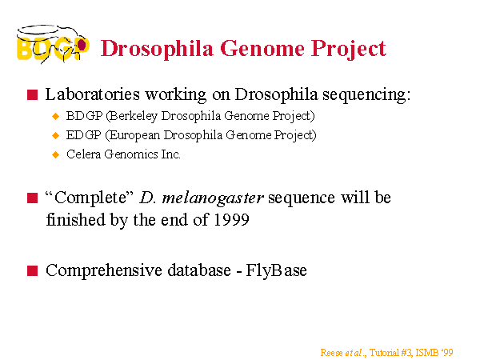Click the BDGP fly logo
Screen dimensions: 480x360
click(x=53, y=45)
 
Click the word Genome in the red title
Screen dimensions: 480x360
click(x=262, y=48)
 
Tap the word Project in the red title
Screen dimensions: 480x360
click(x=349, y=50)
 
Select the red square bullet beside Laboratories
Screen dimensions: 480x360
click(x=32, y=94)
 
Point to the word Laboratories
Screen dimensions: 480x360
click(x=93, y=94)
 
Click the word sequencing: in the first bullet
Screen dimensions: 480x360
click(x=366, y=95)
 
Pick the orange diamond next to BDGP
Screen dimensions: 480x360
click(x=56, y=116)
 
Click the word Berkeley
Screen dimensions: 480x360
click(x=132, y=116)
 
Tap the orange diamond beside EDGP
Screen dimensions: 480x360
click(x=56, y=135)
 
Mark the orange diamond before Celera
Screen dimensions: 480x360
click(x=56, y=154)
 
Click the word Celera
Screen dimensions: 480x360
click(x=83, y=154)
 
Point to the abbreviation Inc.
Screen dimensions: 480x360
click(x=170, y=154)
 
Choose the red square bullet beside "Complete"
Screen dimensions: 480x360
click(x=32, y=198)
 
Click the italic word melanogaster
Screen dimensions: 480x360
click(x=213, y=198)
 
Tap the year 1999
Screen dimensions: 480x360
click(x=231, y=220)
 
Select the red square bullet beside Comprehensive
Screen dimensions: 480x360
click(x=32, y=270)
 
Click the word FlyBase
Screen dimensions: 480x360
click(x=276, y=271)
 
